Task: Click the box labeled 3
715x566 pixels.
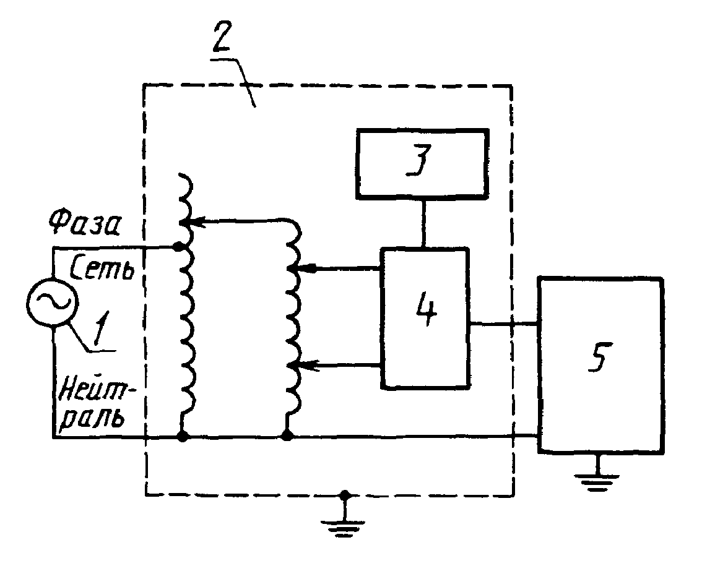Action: [422, 164]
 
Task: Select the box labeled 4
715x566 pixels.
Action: [425, 318]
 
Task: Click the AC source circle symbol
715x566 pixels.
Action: [53, 302]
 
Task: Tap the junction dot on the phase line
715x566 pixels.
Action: [179, 247]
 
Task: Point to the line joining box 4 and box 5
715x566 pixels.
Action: [504, 324]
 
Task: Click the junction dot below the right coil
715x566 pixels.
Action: [287, 436]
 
